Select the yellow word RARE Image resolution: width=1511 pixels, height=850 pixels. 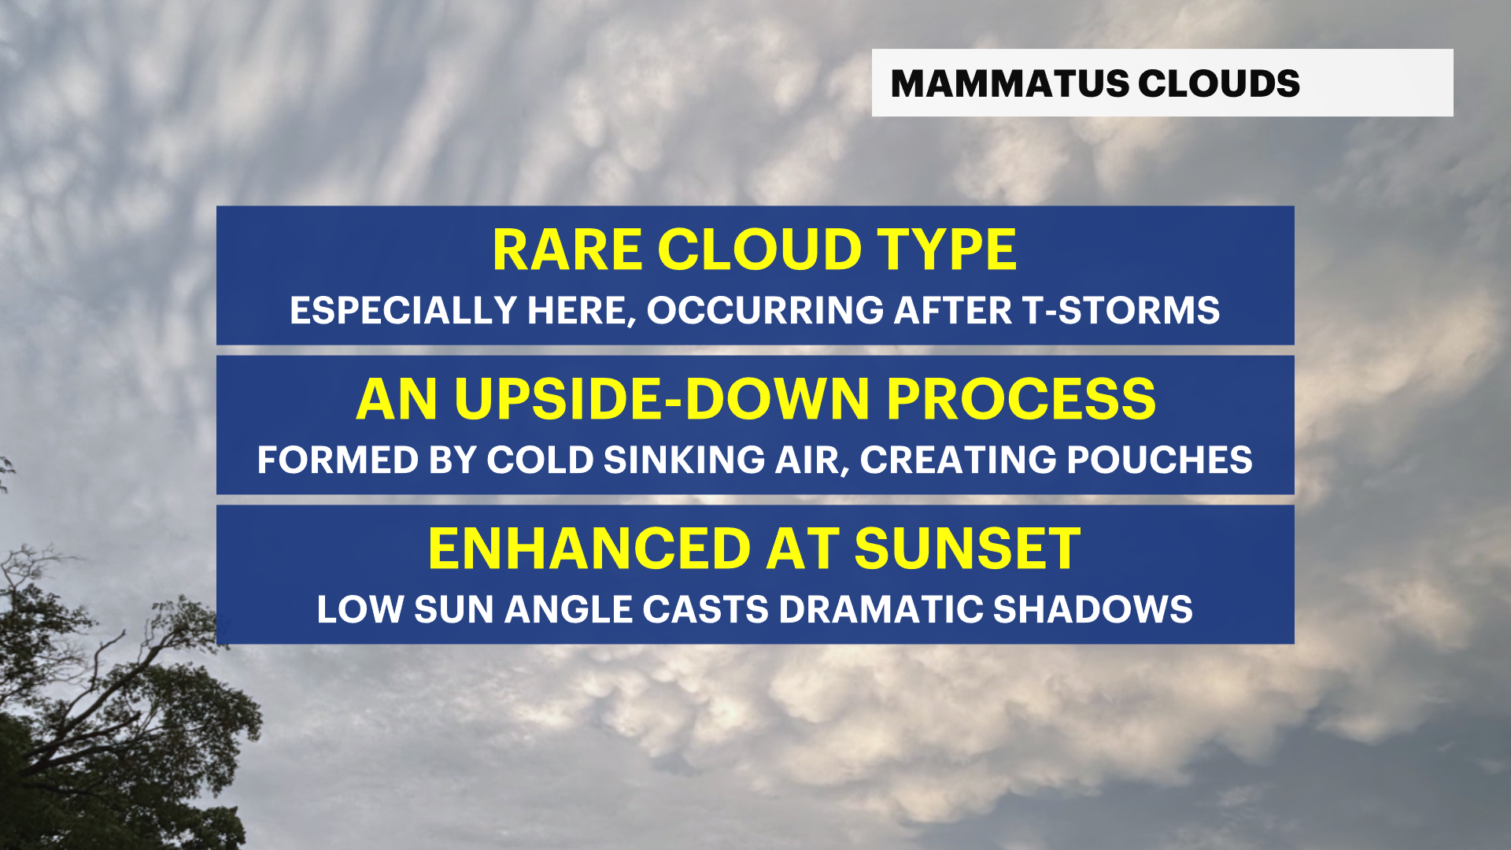pyautogui.click(x=567, y=251)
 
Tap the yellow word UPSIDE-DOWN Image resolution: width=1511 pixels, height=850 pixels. pyautogui.click(x=661, y=400)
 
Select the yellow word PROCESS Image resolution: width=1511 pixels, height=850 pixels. pyautogui.click(x=1021, y=400)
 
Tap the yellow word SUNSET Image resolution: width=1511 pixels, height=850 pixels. pyautogui.click(x=967, y=549)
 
